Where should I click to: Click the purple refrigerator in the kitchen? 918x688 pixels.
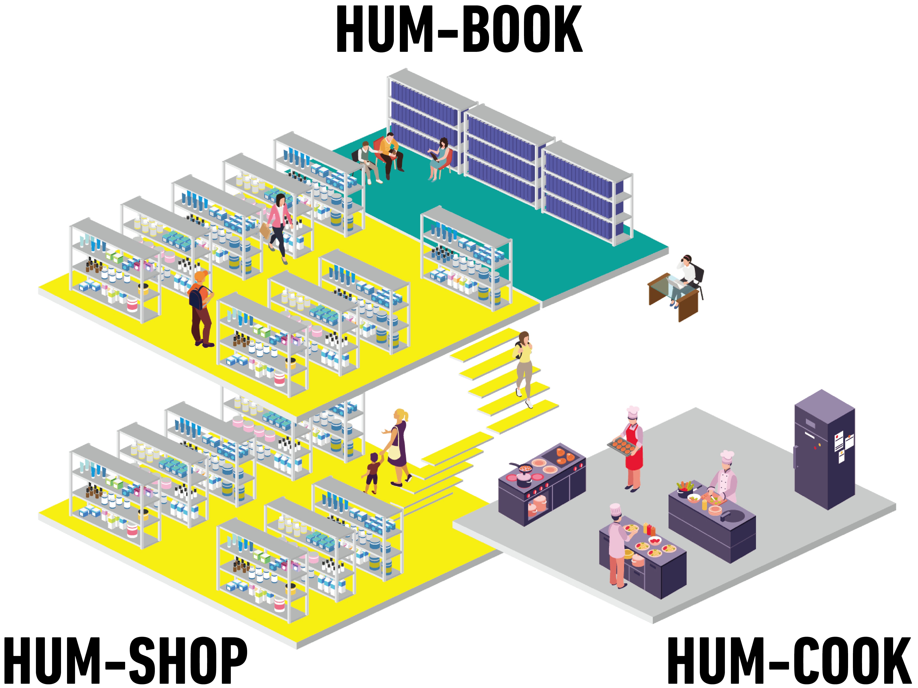(x=824, y=450)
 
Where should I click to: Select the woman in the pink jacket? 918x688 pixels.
(x=279, y=226)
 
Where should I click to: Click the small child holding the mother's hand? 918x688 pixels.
(x=373, y=473)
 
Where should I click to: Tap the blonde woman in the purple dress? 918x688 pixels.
(x=398, y=446)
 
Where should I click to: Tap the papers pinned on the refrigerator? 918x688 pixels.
(x=842, y=444)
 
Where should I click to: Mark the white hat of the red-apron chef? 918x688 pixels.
(x=633, y=411)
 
